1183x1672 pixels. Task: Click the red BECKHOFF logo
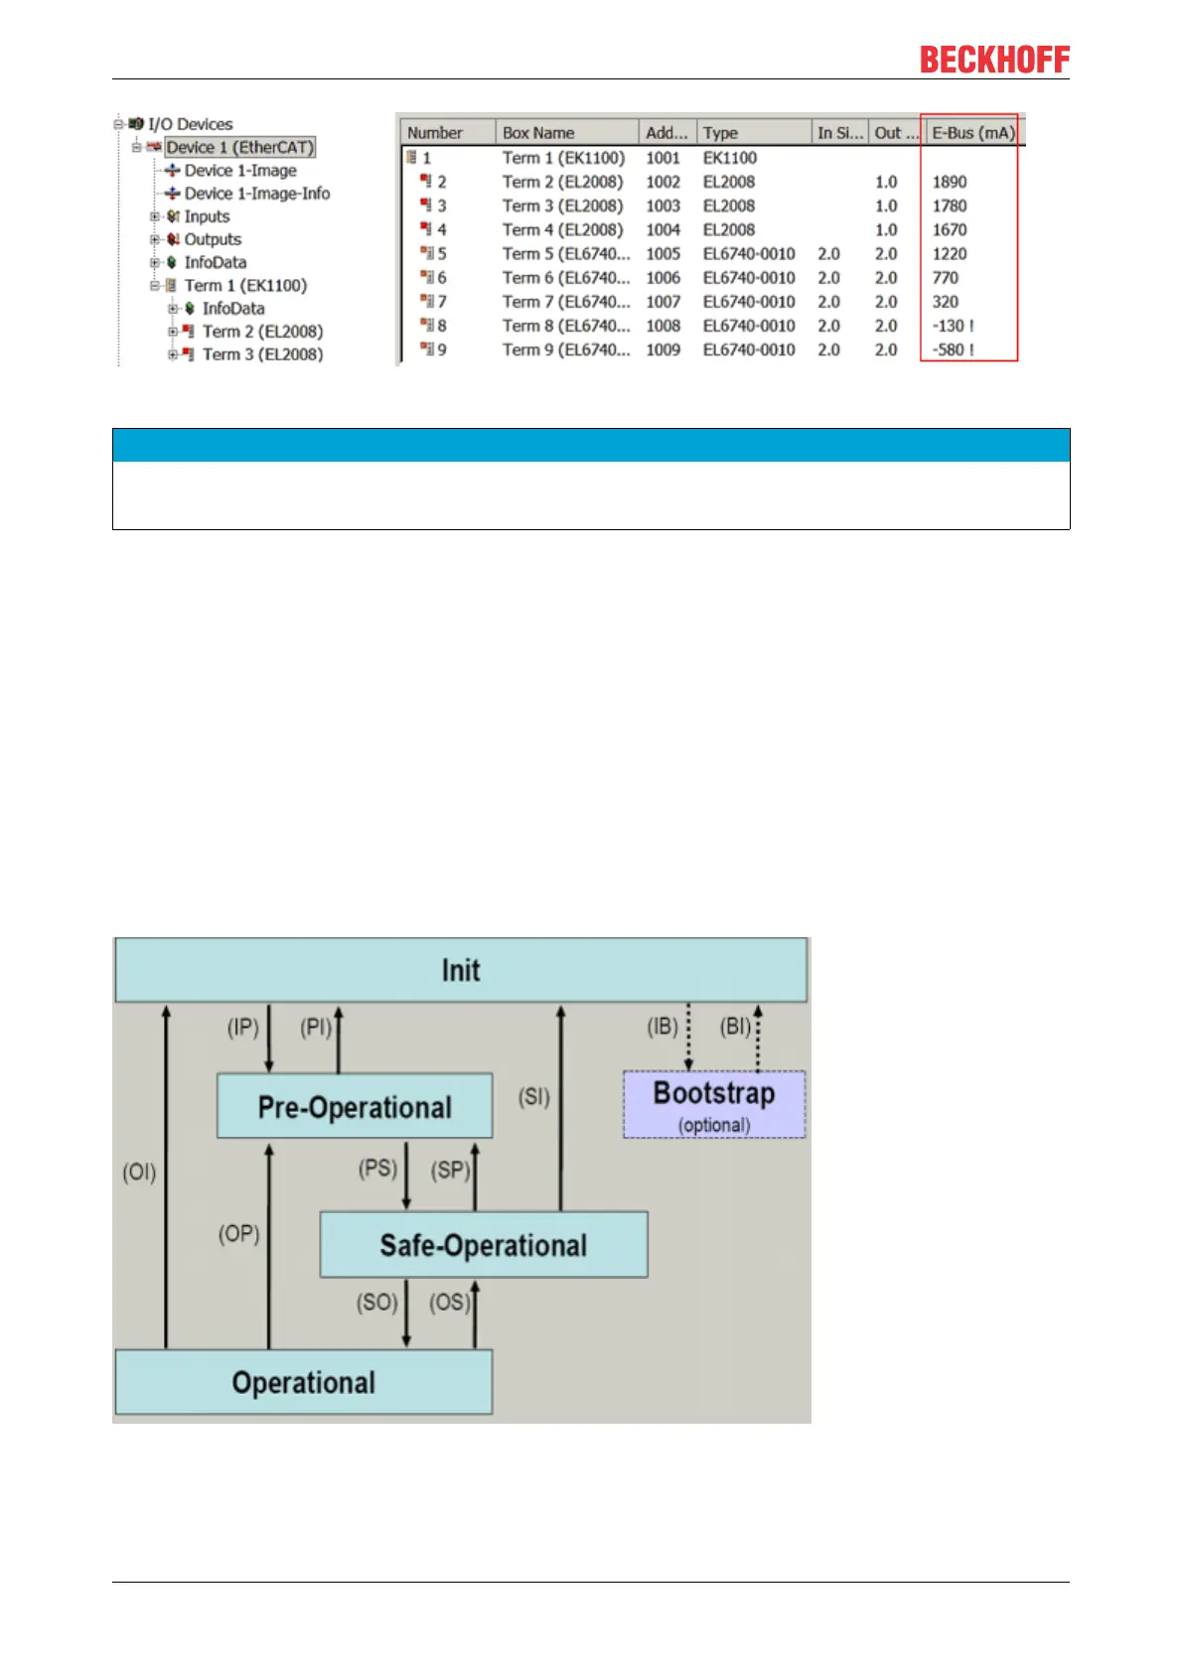pyautogui.click(x=994, y=60)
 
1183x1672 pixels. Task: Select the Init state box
pyautogui.click(x=461, y=970)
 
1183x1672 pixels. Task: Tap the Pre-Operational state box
pyautogui.click(x=355, y=1106)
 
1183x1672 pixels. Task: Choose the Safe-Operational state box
pyautogui.click(x=483, y=1245)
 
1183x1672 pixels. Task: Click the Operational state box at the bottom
pyautogui.click(x=303, y=1382)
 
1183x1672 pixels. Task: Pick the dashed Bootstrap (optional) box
pyautogui.click(x=714, y=1104)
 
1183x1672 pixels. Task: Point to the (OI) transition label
pyautogui.click(x=139, y=1173)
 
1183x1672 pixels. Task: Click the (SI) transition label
pyautogui.click(x=533, y=1097)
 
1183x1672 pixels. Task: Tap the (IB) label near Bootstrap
pyautogui.click(x=663, y=1027)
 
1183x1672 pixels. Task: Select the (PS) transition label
pyautogui.click(x=377, y=1168)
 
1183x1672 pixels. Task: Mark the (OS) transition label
pyautogui.click(x=449, y=1302)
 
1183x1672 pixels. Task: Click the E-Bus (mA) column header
pyautogui.click(x=972, y=133)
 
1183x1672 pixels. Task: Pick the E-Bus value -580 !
pyautogui.click(x=953, y=349)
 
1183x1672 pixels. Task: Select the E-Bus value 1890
pyautogui.click(x=949, y=182)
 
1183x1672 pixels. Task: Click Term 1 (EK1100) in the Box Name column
pyautogui.click(x=563, y=158)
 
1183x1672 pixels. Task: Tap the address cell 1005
pyautogui.click(x=663, y=254)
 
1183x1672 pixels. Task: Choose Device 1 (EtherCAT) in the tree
pyautogui.click(x=239, y=147)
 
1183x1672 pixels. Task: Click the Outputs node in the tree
pyautogui.click(x=213, y=239)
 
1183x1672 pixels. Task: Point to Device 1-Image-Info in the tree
pyautogui.click(x=256, y=194)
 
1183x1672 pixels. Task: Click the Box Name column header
pyautogui.click(x=538, y=133)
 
